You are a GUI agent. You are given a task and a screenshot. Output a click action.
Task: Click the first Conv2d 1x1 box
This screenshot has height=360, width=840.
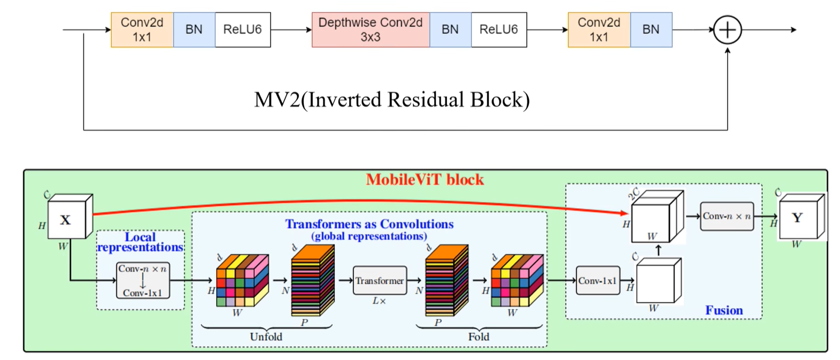pyautogui.click(x=142, y=30)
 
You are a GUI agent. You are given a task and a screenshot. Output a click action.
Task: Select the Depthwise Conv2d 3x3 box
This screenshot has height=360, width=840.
pyautogui.click(x=370, y=30)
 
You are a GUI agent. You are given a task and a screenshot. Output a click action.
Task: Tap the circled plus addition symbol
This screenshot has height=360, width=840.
pyautogui.click(x=727, y=30)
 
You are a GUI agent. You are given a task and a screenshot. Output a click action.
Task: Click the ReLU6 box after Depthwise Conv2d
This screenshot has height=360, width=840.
pyautogui.click(x=498, y=30)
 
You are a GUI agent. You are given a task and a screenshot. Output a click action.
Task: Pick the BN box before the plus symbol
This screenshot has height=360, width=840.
pyautogui.click(x=651, y=30)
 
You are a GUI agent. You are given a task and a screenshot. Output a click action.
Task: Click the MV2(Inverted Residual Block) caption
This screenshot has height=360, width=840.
pyautogui.click(x=391, y=100)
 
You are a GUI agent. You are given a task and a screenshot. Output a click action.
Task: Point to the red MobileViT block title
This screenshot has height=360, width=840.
pyautogui.click(x=425, y=180)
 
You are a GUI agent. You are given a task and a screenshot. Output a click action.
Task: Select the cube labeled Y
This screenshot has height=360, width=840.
pyautogui.click(x=798, y=218)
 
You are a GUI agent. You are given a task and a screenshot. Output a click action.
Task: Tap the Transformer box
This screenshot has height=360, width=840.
pyautogui.click(x=380, y=281)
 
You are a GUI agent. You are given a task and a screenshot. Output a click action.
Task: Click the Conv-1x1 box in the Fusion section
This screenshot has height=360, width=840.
pyautogui.click(x=598, y=281)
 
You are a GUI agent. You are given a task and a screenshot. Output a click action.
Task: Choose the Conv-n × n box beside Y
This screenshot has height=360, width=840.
pyautogui.click(x=727, y=216)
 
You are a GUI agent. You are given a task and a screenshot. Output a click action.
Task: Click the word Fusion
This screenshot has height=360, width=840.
pyautogui.click(x=723, y=310)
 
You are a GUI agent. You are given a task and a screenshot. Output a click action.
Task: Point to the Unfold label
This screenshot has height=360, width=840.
pyautogui.click(x=266, y=336)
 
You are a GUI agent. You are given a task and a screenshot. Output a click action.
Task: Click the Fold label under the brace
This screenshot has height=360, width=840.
pyautogui.click(x=479, y=336)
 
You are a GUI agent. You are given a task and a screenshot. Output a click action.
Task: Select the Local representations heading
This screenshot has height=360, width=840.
pyautogui.click(x=140, y=242)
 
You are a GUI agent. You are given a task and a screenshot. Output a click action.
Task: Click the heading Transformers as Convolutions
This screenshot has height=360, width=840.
pyautogui.click(x=369, y=224)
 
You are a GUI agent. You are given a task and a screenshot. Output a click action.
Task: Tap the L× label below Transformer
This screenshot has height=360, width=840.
pyautogui.click(x=379, y=301)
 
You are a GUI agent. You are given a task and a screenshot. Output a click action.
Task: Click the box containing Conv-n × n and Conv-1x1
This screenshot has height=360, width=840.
pyautogui.click(x=142, y=280)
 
